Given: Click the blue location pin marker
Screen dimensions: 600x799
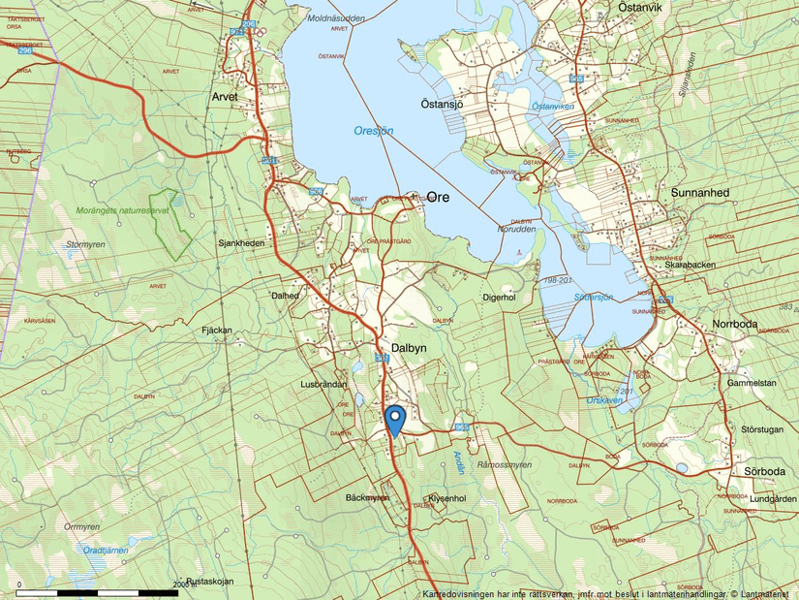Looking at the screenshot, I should coord(394,420).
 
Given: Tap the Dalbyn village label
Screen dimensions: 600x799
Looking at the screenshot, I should coord(411,346).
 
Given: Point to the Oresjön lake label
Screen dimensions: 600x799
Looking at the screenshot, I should coord(374,131).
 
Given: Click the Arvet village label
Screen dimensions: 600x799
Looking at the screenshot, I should coord(225,97).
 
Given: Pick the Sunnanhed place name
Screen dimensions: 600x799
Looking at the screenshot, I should coord(699,193).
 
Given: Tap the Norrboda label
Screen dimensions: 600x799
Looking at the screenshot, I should coord(736,325).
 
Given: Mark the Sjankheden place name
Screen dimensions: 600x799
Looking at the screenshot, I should coord(241,243).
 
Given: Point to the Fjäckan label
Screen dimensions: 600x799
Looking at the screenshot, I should coord(217,331).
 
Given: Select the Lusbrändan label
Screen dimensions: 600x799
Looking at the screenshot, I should coord(324,385).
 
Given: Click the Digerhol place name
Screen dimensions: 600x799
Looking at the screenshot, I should coord(498,298).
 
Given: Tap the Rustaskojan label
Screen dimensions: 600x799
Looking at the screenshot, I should coord(210,582).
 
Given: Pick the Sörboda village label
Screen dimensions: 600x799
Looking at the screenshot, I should coord(765,471).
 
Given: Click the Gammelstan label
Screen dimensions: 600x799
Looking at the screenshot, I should coord(753,383).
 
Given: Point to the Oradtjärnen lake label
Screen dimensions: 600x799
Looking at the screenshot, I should coord(105,550).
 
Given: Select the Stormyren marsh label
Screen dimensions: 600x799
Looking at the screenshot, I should coord(85,245).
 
